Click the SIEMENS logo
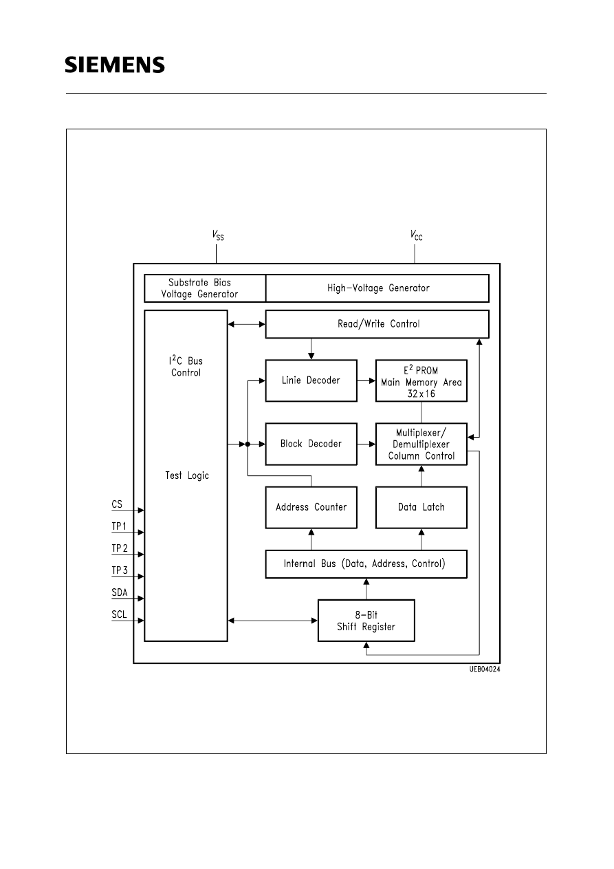pyautogui.click(x=115, y=65)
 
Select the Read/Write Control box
pyautogui.click(x=377, y=324)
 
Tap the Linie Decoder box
pyautogui.click(x=311, y=380)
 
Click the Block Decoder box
pyautogui.click(x=311, y=444)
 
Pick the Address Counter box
pyautogui.click(x=311, y=507)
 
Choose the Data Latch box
pyautogui.click(x=421, y=507)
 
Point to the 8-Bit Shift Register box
pyautogui.click(x=366, y=621)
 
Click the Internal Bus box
pyautogui.click(x=366, y=564)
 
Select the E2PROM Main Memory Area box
pyautogui.click(x=421, y=380)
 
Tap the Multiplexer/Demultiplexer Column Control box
pyautogui.click(x=421, y=444)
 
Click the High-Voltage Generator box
pyautogui.click(x=377, y=288)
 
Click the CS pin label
pyautogui.click(x=117, y=505)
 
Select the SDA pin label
pyautogui.click(x=119, y=593)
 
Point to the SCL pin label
pyautogui.click(x=119, y=615)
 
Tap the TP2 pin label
pyautogui.click(x=120, y=548)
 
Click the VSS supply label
pyautogui.click(x=217, y=235)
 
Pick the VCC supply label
pyautogui.click(x=416, y=235)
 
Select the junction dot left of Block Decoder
pyautogui.click(x=248, y=444)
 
